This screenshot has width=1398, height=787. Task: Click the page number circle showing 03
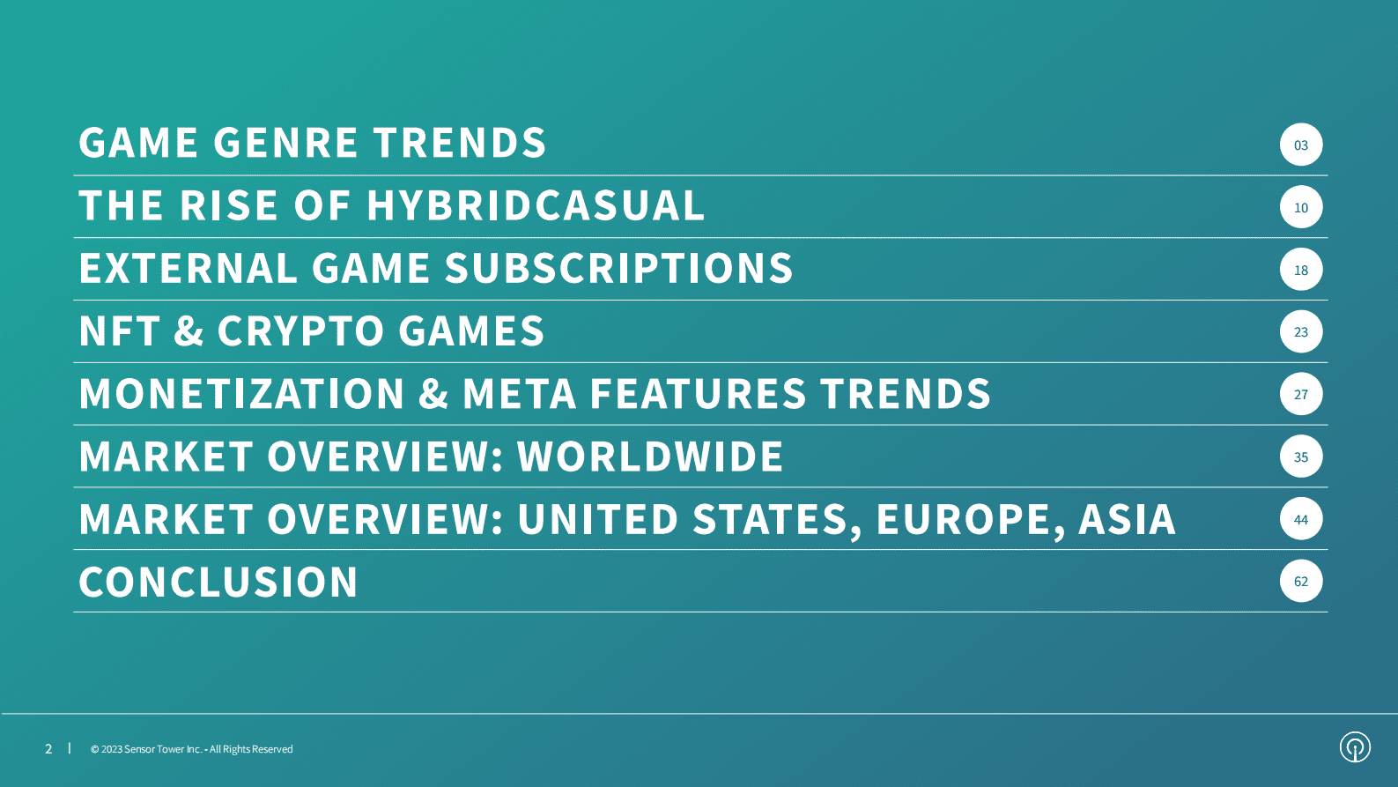(x=1300, y=145)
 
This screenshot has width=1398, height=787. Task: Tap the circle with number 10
(x=1300, y=207)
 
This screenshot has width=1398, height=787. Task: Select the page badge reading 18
(x=1300, y=269)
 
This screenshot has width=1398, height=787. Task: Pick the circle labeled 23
(x=1300, y=331)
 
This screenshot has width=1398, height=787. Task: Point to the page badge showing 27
(x=1300, y=393)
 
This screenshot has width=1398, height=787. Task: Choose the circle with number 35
(x=1300, y=456)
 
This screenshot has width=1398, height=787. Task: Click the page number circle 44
(x=1300, y=518)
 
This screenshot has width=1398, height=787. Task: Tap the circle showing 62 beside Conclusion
(x=1300, y=581)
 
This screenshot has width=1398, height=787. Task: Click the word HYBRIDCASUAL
(x=536, y=205)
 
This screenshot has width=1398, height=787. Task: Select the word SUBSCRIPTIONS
(x=618, y=268)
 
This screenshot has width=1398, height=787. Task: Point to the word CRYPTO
(x=300, y=330)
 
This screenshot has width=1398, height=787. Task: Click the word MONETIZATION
(x=242, y=393)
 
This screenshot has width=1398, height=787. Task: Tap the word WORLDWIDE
(x=650, y=456)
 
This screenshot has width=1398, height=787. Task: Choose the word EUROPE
(x=963, y=519)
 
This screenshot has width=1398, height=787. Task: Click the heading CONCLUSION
(x=218, y=582)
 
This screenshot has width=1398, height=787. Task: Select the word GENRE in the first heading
(x=285, y=143)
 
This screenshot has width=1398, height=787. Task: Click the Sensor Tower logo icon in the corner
(x=1355, y=747)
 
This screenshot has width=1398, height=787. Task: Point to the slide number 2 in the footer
(x=48, y=749)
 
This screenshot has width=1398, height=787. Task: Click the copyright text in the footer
(x=192, y=749)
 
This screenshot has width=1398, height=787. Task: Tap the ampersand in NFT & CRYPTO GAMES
(x=189, y=330)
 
